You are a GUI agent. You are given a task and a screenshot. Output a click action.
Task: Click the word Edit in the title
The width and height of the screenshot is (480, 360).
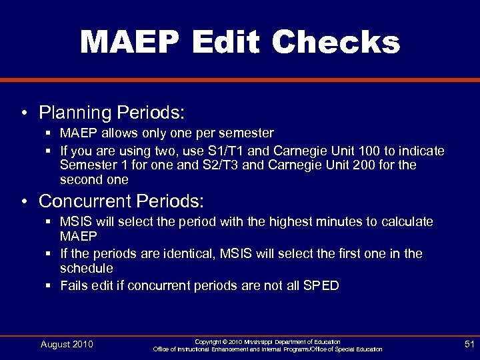click(x=227, y=42)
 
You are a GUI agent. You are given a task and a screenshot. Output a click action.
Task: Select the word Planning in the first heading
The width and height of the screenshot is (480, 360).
click(x=75, y=111)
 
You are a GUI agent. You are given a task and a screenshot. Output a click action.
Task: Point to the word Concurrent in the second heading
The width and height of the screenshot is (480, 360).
click(x=85, y=201)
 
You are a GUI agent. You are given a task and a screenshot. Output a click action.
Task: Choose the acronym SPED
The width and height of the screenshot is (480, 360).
click(x=321, y=286)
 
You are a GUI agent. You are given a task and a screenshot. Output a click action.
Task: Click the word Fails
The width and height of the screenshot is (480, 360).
click(x=74, y=286)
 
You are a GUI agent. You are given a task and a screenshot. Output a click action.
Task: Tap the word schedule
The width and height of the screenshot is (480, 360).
click(x=87, y=268)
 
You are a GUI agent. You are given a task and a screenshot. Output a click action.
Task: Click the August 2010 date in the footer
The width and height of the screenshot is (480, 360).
click(x=67, y=344)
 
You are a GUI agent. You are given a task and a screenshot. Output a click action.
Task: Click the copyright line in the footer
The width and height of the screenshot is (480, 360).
click(x=267, y=341)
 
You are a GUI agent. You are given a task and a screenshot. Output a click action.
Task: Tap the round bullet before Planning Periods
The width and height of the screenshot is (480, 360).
click(x=24, y=111)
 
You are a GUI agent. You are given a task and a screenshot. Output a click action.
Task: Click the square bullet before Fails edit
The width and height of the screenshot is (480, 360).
click(x=49, y=286)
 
